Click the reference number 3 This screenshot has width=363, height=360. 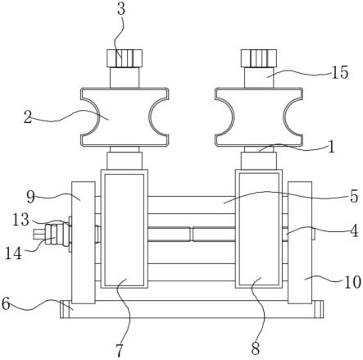point(121,9)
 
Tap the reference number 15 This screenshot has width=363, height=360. point(340,72)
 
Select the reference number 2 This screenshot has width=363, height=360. point(28,117)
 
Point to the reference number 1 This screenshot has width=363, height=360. point(331,147)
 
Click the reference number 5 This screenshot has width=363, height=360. point(354,196)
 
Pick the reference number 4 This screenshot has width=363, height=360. point(354,231)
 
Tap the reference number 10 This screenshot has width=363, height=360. point(352,282)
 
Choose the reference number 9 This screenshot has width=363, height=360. point(31,197)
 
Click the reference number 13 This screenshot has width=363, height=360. point(20,220)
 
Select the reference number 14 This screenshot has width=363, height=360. point(13,254)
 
